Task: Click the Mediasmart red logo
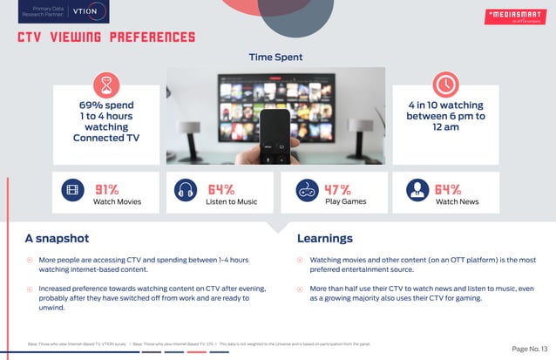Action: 515,16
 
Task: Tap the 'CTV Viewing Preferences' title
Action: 106,37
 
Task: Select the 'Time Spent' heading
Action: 276,58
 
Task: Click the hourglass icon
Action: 106,85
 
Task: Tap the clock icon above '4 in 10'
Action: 445,85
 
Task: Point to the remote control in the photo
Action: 278,135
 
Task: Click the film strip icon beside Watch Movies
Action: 73,191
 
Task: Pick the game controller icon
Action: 306,191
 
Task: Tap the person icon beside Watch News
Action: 417,191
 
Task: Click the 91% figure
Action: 107,189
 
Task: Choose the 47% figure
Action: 338,189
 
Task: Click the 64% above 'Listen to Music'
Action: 221,189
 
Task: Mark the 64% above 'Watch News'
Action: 448,189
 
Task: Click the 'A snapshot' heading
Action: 57,238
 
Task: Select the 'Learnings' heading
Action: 325,238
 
